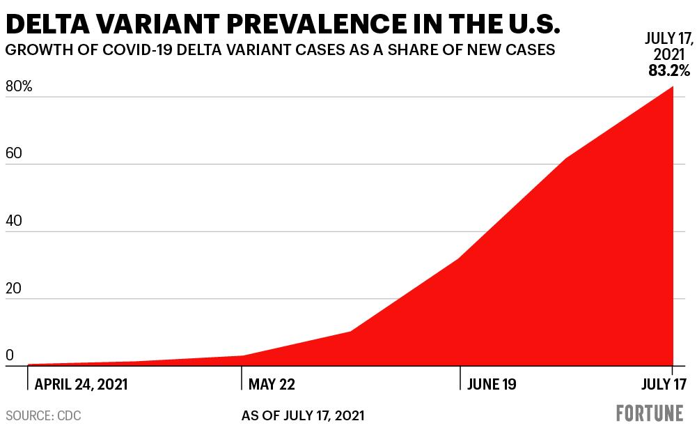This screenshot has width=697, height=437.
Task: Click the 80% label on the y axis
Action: [x=19, y=86]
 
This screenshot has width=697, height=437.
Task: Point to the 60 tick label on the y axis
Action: [x=14, y=153]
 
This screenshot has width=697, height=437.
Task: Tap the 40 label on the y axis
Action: [x=14, y=221]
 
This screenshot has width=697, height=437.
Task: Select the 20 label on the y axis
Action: [x=14, y=289]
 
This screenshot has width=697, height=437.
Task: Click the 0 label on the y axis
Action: [x=9, y=355]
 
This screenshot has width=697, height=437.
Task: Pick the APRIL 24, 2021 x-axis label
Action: [x=81, y=384]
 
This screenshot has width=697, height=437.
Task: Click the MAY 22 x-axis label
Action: [x=272, y=384]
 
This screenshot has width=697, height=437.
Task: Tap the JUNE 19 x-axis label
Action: [x=492, y=384]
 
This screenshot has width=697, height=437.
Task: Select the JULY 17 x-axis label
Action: [x=664, y=384]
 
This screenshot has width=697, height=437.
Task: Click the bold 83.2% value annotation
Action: [x=669, y=70]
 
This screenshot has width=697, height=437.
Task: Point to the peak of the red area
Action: [x=673, y=86]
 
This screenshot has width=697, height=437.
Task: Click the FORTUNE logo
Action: [x=650, y=413]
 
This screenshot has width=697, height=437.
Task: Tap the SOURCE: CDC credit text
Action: [x=44, y=415]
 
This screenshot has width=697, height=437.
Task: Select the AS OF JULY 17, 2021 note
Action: [x=303, y=415]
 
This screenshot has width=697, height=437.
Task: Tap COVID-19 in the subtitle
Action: [x=137, y=49]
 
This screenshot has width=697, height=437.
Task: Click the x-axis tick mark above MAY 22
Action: [x=242, y=378]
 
